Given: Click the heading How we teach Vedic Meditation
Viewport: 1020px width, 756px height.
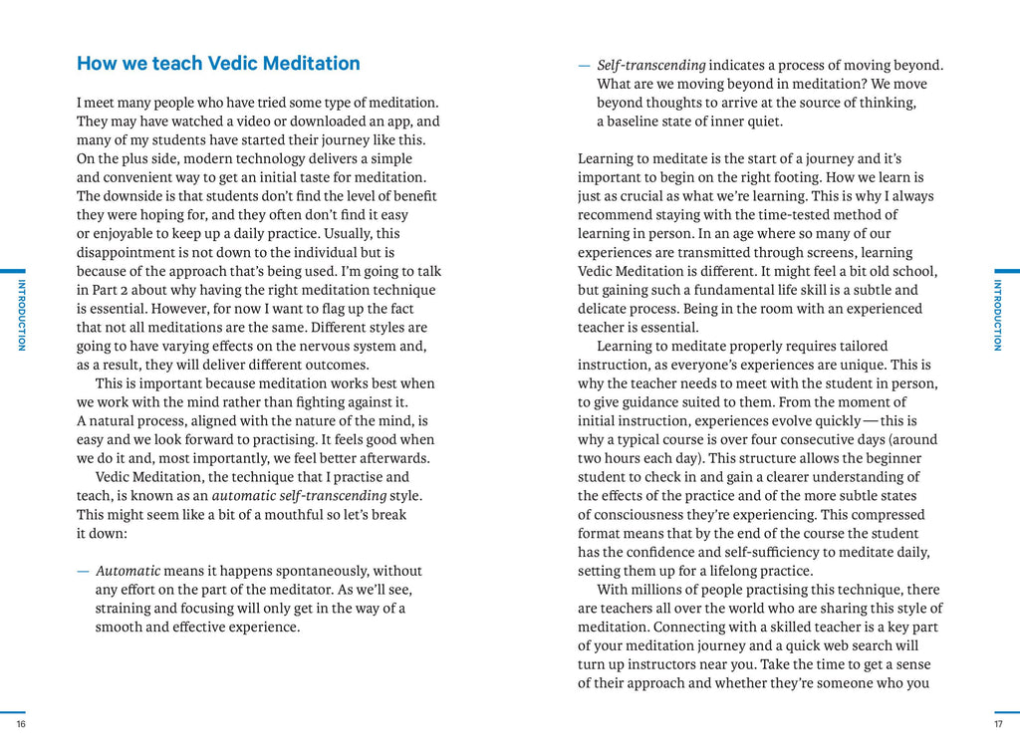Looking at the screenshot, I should pyautogui.click(x=218, y=64).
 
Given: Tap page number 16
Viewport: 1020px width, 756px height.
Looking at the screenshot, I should pyautogui.click(x=21, y=724).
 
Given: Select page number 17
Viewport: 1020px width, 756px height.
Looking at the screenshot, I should pyautogui.click(x=998, y=724).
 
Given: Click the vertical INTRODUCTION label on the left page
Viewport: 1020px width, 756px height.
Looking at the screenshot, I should pyautogui.click(x=21, y=315).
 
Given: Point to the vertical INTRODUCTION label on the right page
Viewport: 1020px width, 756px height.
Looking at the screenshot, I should pyautogui.click(x=998, y=315).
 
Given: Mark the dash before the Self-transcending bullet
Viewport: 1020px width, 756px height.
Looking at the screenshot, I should pyautogui.click(x=584, y=66).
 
